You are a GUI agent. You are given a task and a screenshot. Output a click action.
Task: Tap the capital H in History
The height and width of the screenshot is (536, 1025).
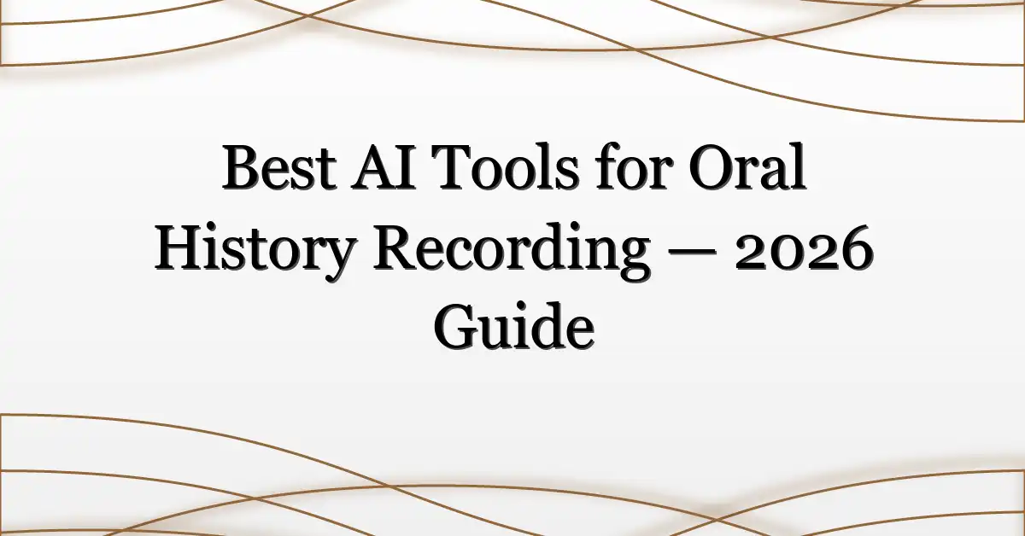[179, 253]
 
